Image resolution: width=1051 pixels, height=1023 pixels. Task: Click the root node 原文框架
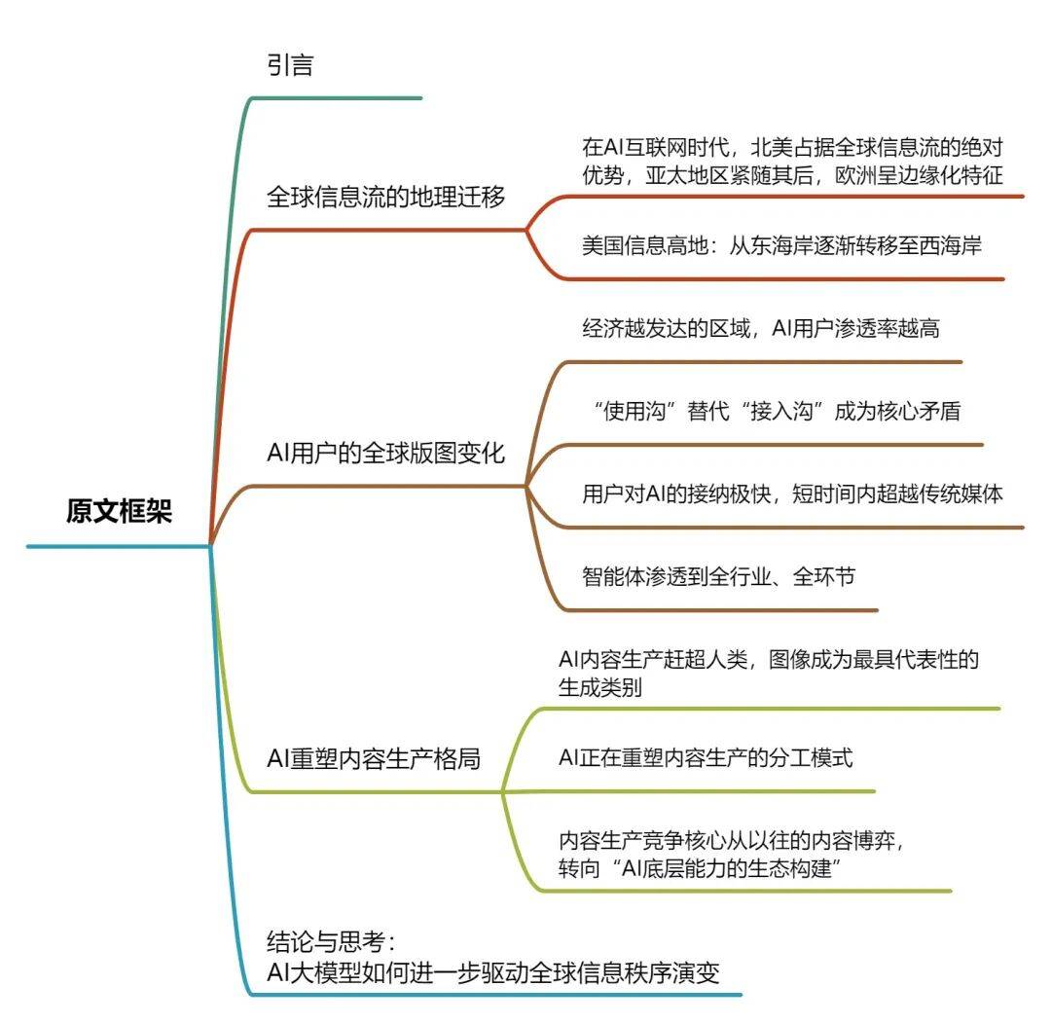119,511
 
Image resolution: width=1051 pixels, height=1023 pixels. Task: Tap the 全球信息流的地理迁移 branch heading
386,198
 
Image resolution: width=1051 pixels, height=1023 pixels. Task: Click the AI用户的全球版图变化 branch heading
386,453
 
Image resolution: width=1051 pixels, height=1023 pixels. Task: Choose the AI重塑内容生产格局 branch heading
374,759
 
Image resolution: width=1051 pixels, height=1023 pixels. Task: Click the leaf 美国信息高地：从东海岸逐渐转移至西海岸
781,245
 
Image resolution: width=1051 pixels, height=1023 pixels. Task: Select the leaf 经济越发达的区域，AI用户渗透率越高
760,328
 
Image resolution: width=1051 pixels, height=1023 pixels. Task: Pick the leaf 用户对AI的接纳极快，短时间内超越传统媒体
791,493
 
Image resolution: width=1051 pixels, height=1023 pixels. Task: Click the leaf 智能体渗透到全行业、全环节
719,576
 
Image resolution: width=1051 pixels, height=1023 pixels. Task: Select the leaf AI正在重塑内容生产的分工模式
706,757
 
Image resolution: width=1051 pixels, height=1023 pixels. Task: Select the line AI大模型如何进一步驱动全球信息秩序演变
493,972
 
